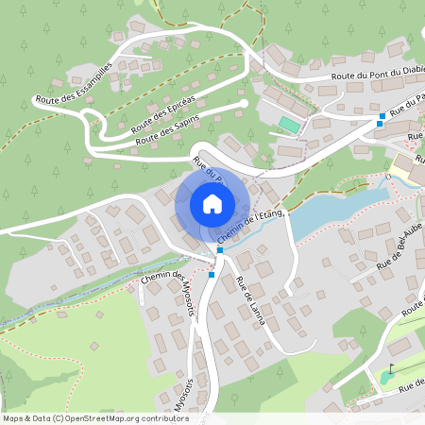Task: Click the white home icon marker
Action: point(212,202)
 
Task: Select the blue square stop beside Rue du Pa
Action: point(382,118)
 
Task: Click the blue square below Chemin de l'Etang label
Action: point(219,250)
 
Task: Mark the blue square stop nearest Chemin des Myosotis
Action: point(212,275)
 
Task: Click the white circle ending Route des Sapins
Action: point(244,103)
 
